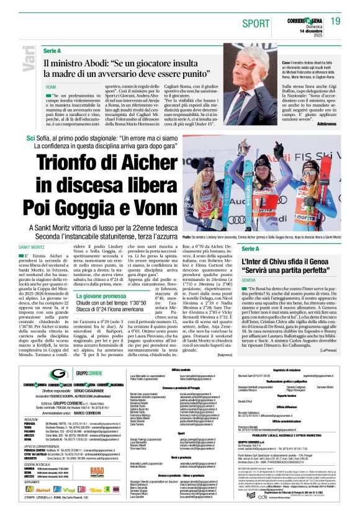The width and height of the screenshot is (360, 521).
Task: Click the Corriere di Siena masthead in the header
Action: coord(302,17)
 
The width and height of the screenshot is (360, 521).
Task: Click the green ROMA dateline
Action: coord(51,87)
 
